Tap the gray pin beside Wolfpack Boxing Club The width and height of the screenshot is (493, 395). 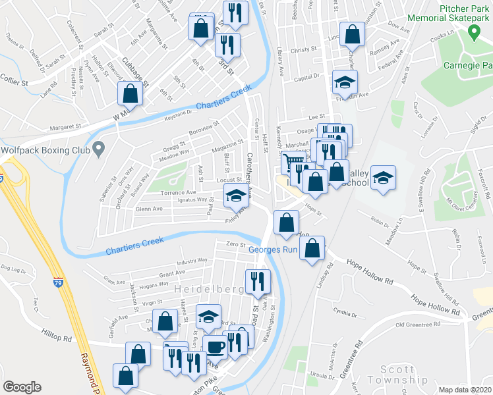click(98, 149)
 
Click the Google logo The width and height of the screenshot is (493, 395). click(22, 387)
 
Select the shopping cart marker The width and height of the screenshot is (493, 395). click(293, 161)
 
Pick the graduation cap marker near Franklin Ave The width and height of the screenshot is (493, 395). click(344, 81)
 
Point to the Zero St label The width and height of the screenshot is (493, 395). click(231, 244)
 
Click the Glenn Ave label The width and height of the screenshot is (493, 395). click(148, 209)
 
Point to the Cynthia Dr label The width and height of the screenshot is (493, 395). click(345, 312)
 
